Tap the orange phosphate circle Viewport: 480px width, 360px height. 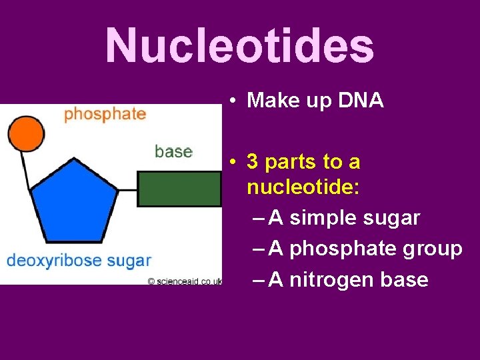tap(25, 133)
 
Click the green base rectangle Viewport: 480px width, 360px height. tap(179, 189)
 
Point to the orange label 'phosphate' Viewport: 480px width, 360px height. tap(105, 113)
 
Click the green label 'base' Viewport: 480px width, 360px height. tap(173, 151)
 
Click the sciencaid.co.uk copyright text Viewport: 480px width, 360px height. tap(185, 282)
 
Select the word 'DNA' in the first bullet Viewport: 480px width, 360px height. tap(361, 100)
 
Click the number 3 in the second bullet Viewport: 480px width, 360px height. tap(253, 161)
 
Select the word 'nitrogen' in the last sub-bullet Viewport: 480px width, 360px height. tap(328, 279)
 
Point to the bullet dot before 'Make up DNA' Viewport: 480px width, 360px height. tap(229, 101)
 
